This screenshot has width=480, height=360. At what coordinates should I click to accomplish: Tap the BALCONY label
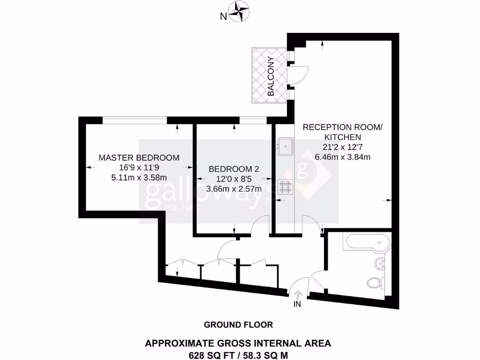(271, 76)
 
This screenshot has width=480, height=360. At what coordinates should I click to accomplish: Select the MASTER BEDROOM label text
(139, 157)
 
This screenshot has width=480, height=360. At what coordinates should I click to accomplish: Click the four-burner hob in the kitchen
(285, 187)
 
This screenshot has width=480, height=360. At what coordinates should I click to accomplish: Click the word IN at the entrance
(297, 304)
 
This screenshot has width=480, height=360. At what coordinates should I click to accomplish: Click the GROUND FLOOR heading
(238, 324)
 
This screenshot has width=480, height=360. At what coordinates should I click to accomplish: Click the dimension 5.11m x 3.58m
(139, 177)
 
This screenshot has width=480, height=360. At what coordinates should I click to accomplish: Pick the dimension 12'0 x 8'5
(234, 179)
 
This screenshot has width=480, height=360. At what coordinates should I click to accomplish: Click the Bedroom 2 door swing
(259, 227)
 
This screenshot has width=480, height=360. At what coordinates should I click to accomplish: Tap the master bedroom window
(135, 120)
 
